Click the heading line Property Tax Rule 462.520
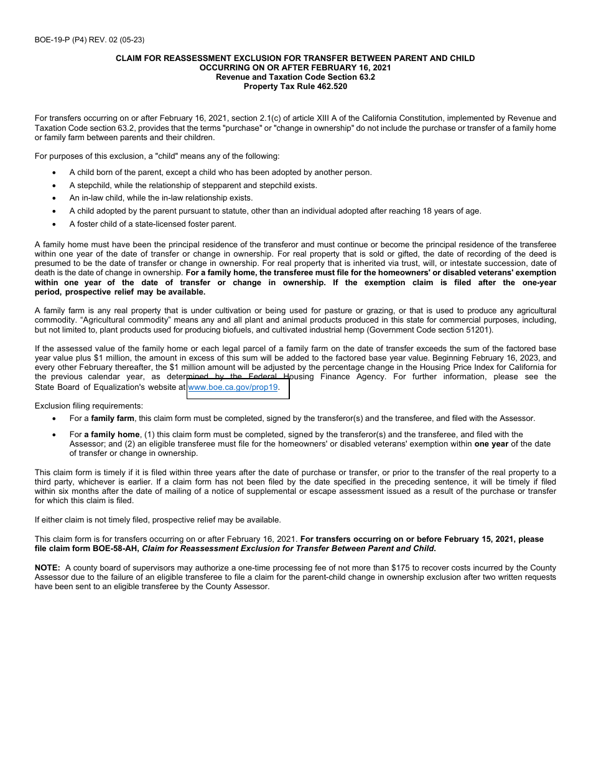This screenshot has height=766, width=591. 295,87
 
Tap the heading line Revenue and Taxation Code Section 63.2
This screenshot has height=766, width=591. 295,77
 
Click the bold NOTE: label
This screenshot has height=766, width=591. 47,568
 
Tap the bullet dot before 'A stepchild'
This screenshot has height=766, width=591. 55,186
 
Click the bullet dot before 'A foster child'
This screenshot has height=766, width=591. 55,224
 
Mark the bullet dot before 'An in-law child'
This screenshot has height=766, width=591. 55,198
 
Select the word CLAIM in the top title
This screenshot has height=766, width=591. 129,58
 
